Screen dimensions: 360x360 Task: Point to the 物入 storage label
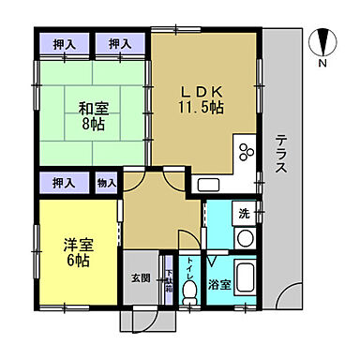(107, 183)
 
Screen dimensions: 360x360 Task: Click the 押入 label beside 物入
(63, 183)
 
